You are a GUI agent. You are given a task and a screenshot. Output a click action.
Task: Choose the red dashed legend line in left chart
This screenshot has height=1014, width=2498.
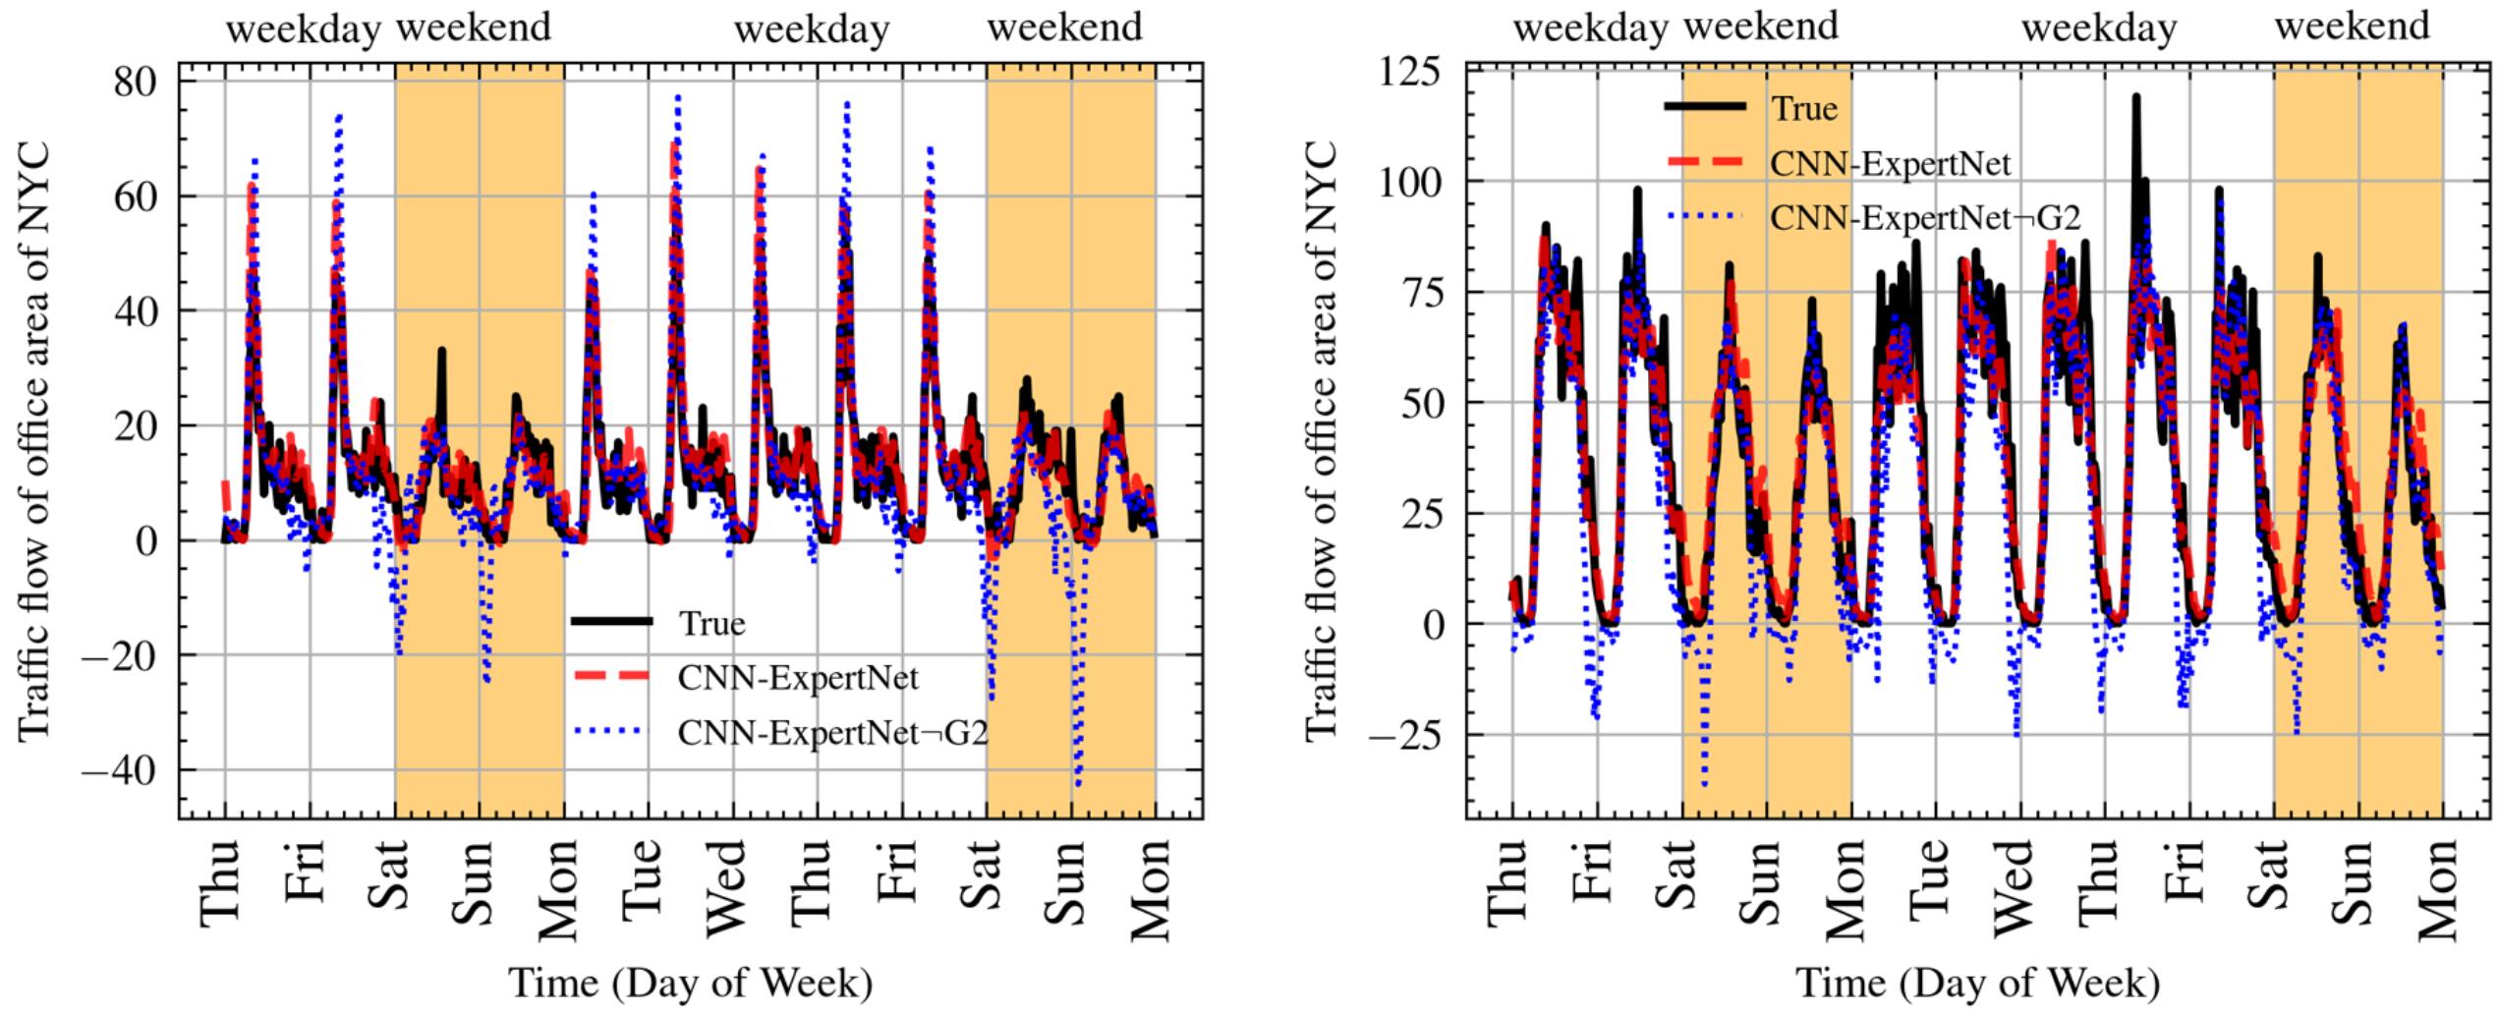pos(611,675)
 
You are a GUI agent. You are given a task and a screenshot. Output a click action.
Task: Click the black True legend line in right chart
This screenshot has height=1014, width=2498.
pos(1705,105)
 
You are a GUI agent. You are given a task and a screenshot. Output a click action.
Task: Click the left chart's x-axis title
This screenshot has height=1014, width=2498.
pos(690,983)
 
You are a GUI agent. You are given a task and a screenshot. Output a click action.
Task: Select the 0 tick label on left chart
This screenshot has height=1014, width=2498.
pos(147,540)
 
